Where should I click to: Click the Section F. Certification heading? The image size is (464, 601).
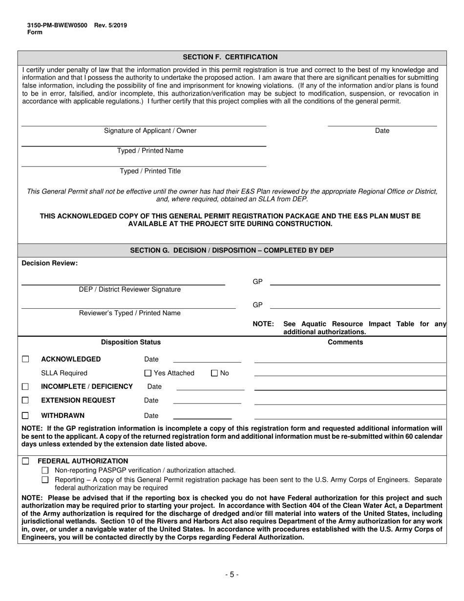click(230, 57)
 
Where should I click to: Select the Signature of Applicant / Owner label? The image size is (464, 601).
click(150, 131)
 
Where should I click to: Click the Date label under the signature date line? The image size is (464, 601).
click(382, 131)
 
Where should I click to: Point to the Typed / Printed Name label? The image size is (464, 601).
click(150, 151)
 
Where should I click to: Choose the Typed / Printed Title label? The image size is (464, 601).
click(150, 171)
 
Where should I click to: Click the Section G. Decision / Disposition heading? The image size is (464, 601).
click(232, 250)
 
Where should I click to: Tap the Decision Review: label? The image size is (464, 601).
click(49, 263)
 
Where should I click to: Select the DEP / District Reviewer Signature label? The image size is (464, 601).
click(129, 290)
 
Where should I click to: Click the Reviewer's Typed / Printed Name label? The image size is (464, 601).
click(129, 313)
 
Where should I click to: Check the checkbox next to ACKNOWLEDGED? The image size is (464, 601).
click(25, 359)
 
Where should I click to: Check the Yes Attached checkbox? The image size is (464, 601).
click(148, 373)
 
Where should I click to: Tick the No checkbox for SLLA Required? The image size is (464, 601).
click(214, 373)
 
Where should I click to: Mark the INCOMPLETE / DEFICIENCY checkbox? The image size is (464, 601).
click(25, 386)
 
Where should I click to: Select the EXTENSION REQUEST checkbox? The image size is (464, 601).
click(25, 400)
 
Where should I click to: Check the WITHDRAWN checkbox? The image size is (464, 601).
click(25, 416)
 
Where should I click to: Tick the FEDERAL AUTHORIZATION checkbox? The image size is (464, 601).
click(25, 461)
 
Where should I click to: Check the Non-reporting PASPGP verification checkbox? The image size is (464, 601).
click(45, 471)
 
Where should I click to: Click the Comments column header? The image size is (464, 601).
click(345, 343)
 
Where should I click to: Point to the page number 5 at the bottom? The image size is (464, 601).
click(232, 575)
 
